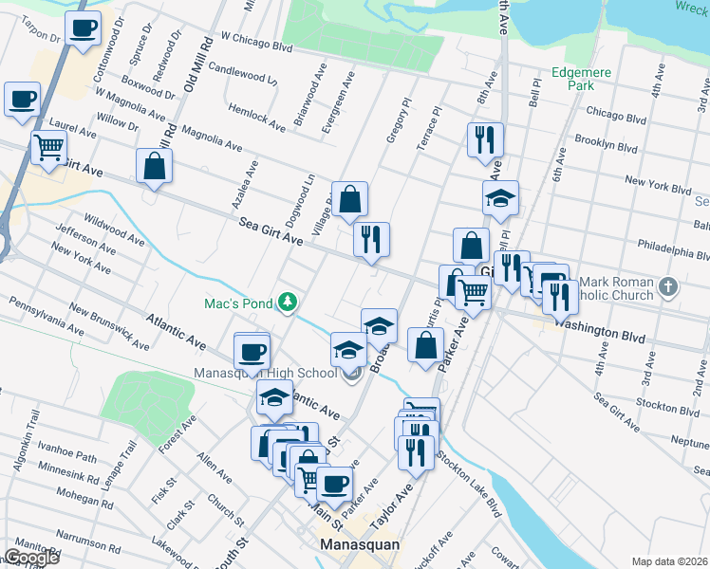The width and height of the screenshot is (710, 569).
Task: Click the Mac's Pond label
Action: [x=238, y=303]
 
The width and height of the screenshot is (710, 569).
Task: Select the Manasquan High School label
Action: [x=265, y=373]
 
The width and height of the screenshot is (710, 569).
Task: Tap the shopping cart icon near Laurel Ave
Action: [x=48, y=147]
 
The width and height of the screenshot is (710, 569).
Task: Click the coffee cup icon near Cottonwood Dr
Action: [x=83, y=28]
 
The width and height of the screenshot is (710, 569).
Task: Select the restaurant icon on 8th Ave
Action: [x=485, y=138]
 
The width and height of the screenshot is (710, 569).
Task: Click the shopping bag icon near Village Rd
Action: [x=349, y=198]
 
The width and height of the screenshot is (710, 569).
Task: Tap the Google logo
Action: [x=31, y=558]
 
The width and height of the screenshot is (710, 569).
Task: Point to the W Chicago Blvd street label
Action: [x=256, y=45]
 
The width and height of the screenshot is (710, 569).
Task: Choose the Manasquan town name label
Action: [x=359, y=545]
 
